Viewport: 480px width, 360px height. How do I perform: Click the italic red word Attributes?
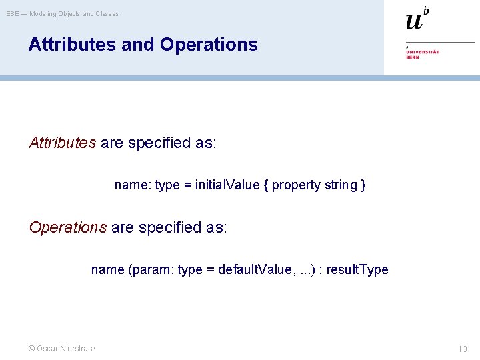(63, 143)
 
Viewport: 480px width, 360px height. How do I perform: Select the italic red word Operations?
(68, 227)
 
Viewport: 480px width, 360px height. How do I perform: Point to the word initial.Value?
(227, 185)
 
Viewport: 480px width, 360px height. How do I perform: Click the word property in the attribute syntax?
(297, 185)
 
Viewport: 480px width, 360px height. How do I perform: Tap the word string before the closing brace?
(340, 185)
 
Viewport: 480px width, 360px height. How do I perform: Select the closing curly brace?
(363, 185)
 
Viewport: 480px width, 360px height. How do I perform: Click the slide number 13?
(463, 349)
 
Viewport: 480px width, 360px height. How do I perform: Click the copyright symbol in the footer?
(31, 349)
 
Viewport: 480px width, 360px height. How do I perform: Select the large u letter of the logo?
(414, 22)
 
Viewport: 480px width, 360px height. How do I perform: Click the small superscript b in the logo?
(426, 10)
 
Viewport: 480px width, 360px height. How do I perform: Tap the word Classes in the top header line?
(107, 13)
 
